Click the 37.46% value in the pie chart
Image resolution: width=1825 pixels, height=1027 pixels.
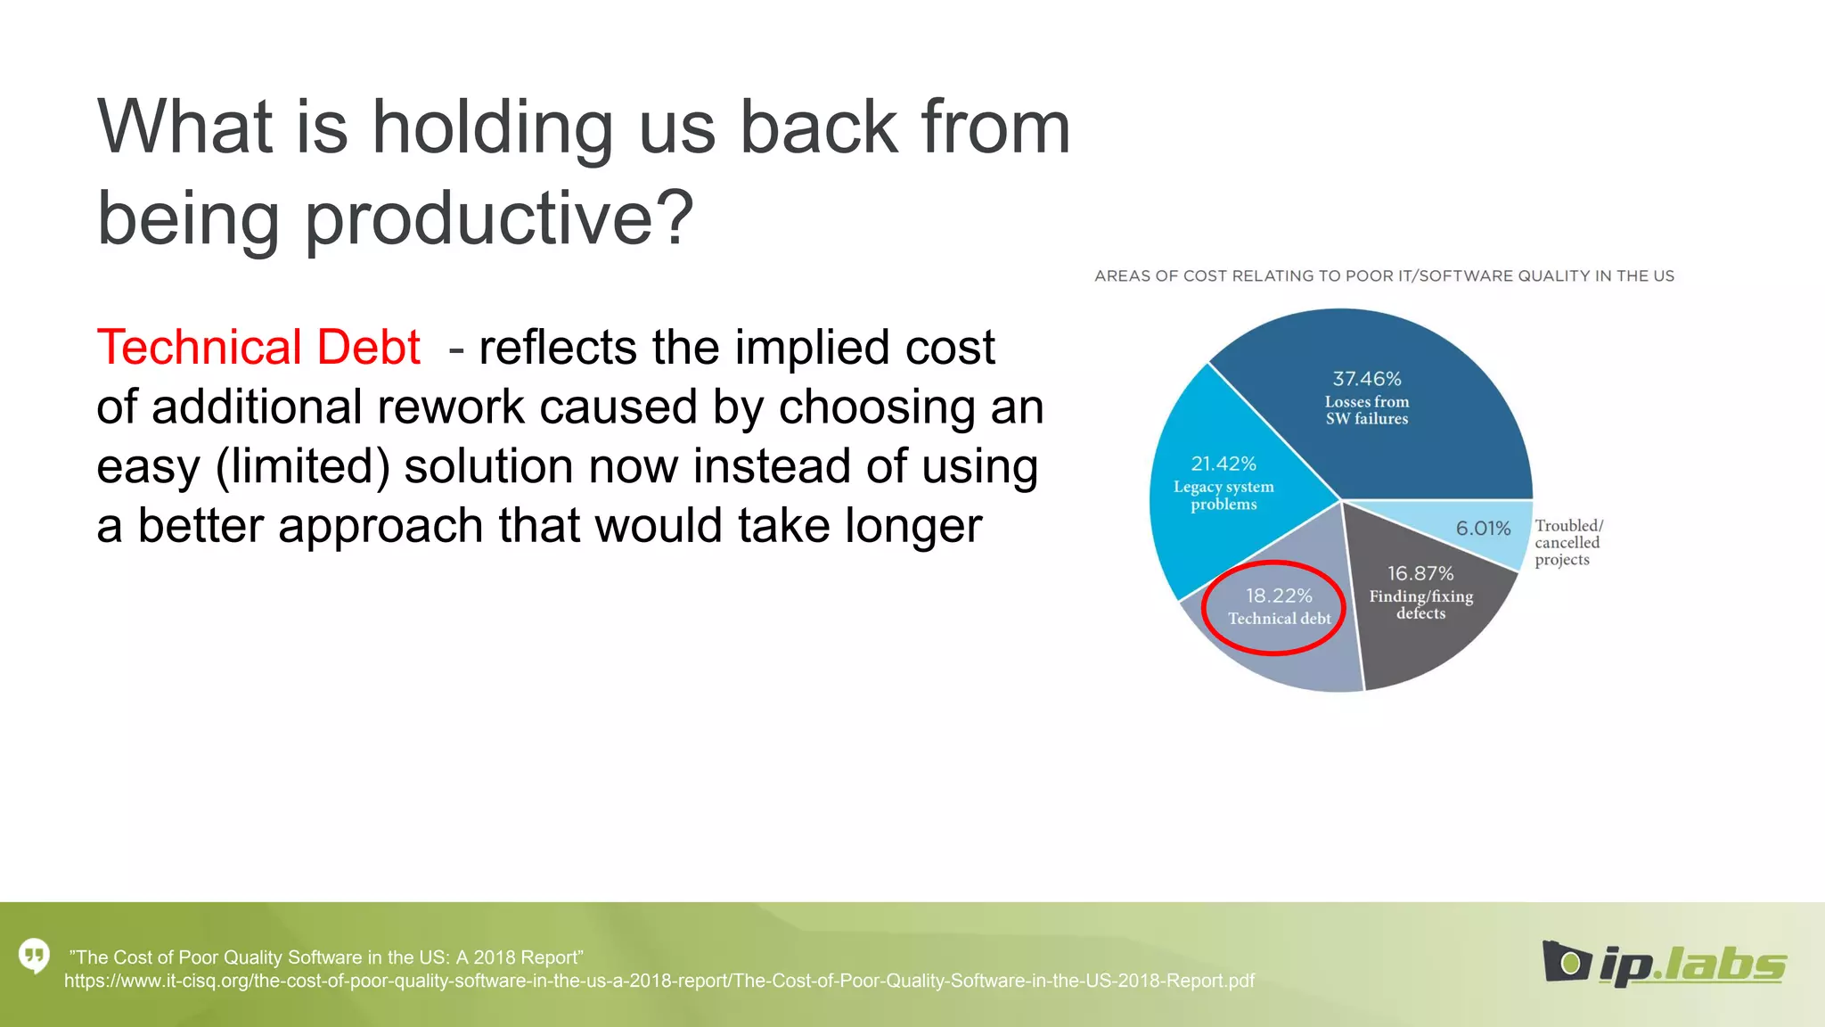1366,379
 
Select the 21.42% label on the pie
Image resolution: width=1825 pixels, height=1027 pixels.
1223,464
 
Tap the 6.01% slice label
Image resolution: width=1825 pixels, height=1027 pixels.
1483,529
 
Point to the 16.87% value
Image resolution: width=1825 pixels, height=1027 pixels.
1420,573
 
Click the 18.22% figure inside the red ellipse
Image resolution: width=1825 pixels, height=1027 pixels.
1279,596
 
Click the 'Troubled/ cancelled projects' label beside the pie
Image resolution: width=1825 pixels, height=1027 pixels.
1567,543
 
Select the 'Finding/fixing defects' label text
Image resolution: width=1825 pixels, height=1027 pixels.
1420,604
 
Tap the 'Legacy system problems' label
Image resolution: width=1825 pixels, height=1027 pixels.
1223,496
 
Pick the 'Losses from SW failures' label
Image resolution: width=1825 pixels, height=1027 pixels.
1366,410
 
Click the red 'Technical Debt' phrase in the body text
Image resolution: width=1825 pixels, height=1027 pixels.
258,348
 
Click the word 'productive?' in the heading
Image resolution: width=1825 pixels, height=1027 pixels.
498,218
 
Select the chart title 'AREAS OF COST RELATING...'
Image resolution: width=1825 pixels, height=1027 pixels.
1384,276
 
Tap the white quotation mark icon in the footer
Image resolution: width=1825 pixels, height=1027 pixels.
34,957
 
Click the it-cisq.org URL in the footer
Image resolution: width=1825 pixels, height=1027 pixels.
659,982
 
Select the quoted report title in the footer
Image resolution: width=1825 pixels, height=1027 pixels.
326,957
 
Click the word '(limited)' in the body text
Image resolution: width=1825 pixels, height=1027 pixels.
303,467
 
